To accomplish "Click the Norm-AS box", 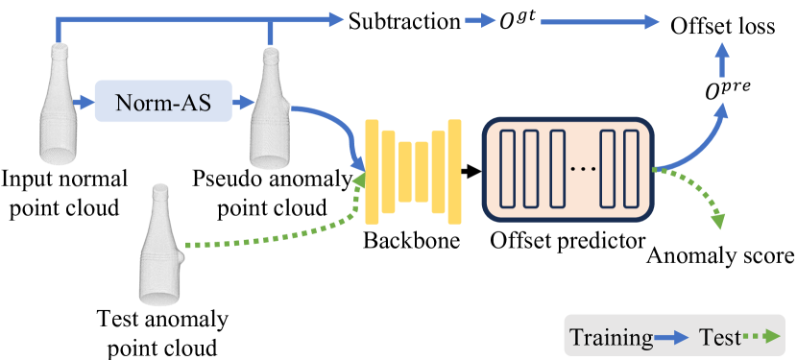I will tap(162, 100).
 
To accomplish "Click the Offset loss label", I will tap(723, 27).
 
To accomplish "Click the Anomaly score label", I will tap(720, 256).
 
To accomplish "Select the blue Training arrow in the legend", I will tap(674, 338).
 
